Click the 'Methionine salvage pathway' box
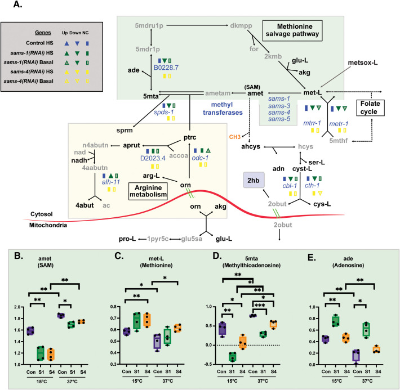[292, 30]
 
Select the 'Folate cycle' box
[370, 107]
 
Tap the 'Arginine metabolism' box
[148, 191]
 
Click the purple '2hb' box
[254, 180]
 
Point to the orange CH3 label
[235, 137]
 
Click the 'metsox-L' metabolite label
[363, 62]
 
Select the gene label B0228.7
[166, 68]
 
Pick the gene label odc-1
[200, 158]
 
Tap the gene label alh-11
[111, 182]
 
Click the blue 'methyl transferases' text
[223, 109]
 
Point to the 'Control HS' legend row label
[39, 43]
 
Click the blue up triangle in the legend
[66, 43]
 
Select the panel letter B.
[19, 256]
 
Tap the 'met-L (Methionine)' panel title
[156, 262]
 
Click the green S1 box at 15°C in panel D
[232, 357]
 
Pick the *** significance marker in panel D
[260, 306]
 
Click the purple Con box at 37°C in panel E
[357, 356]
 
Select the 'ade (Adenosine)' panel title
[348, 262]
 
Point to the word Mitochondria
[48, 225]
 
